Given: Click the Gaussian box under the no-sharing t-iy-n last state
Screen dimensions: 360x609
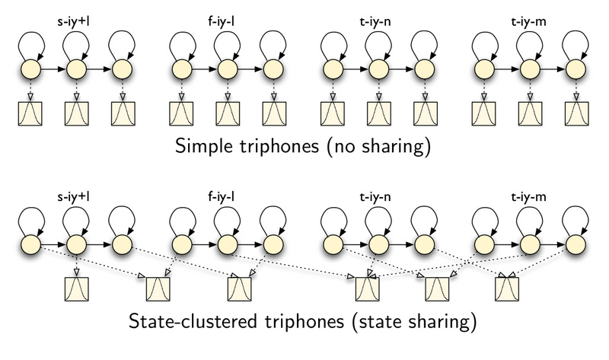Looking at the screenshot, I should point(424,113).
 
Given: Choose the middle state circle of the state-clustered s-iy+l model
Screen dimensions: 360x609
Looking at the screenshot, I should point(76,244).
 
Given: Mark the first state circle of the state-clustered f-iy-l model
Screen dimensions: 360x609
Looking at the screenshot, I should point(180,244).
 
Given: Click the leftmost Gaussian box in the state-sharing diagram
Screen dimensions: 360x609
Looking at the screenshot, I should point(77,289).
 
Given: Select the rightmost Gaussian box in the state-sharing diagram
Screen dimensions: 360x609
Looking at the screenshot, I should point(507,289).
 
